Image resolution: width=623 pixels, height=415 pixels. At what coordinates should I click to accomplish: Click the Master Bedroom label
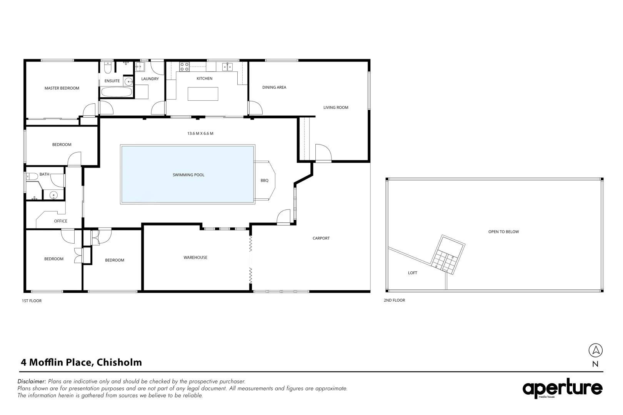62,88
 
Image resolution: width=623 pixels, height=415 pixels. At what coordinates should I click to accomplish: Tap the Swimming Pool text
188,175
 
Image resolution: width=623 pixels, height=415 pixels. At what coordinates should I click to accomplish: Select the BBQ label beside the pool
265,180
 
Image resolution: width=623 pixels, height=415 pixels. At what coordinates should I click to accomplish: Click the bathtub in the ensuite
116,92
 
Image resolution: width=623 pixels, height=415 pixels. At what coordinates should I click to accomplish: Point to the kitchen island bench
203,94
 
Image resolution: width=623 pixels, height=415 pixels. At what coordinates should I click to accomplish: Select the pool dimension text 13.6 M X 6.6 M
200,133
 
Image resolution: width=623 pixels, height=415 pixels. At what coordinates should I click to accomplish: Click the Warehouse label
195,257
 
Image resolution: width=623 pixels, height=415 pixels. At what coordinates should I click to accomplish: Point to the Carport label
321,238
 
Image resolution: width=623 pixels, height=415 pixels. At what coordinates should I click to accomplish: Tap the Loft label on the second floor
412,273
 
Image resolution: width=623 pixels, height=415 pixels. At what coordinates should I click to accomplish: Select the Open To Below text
503,232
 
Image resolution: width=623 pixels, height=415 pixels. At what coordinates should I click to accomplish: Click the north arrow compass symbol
595,350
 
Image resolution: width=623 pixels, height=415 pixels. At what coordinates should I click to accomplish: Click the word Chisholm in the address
119,362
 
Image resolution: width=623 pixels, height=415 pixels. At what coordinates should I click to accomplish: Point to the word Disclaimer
32,382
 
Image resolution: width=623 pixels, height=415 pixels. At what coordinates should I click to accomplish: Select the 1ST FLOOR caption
32,301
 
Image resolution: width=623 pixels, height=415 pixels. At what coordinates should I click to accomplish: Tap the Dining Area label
274,87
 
